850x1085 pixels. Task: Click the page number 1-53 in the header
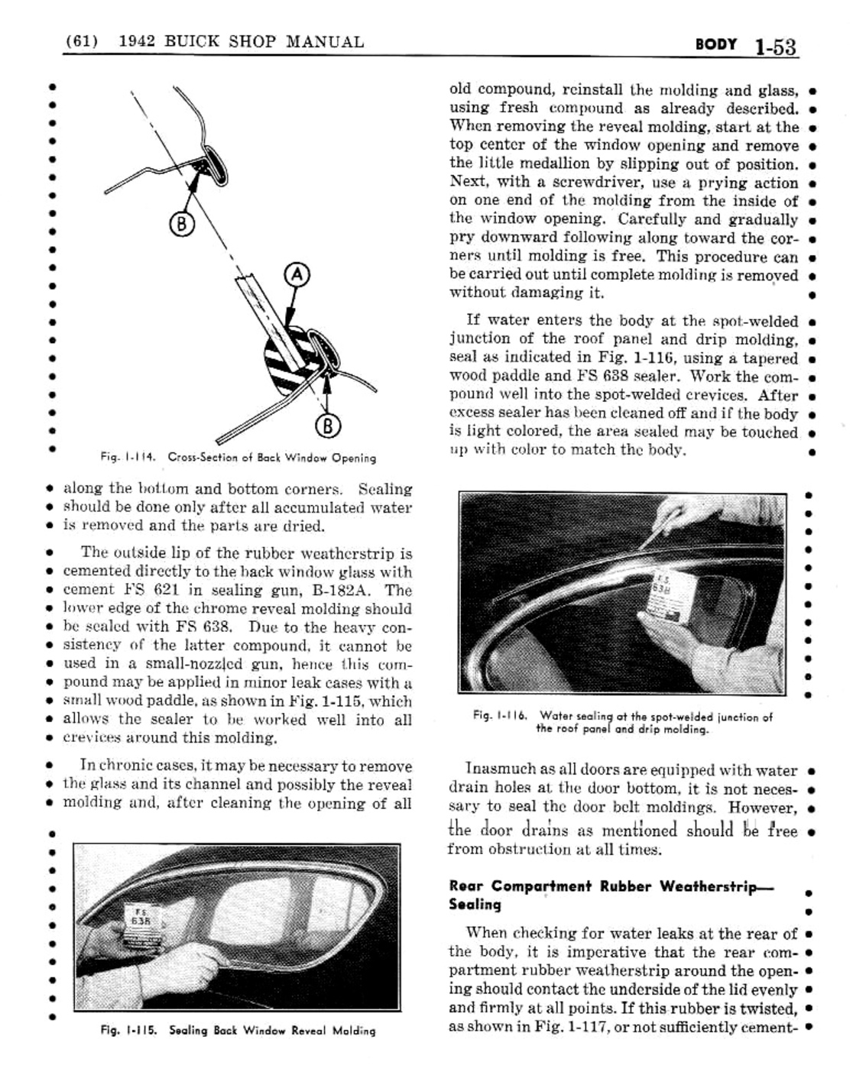774,46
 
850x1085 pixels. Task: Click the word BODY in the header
715,44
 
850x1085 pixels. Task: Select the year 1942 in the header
138,41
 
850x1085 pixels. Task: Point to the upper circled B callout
180,225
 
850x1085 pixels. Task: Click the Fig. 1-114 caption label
128,458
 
